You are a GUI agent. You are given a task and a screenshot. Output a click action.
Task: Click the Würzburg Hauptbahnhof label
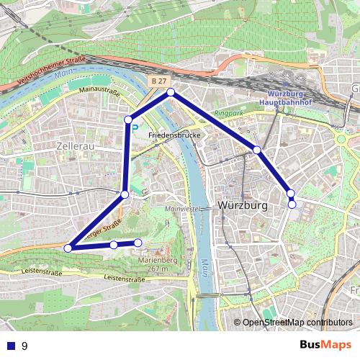pyautogui.click(x=292, y=99)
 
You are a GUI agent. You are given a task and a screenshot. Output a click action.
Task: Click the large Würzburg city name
pyautogui.click(x=242, y=205)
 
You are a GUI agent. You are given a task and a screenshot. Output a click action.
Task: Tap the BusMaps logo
pyautogui.click(x=326, y=346)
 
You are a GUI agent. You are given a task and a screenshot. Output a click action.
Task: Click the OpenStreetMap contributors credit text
pyautogui.click(x=297, y=323)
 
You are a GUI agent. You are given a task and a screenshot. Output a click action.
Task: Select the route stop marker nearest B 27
pyautogui.click(x=171, y=92)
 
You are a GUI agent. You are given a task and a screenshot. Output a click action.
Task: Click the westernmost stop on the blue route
pyautogui.click(x=68, y=248)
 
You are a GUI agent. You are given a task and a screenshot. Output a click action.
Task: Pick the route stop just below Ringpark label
pyautogui.click(x=256, y=150)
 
